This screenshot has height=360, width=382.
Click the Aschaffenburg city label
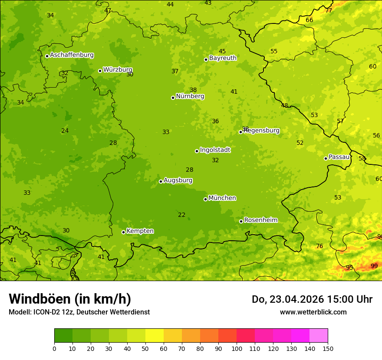point(72,55)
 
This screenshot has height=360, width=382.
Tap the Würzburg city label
point(117,70)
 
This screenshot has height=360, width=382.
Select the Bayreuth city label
point(223,58)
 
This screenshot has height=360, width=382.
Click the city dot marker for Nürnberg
point(173,98)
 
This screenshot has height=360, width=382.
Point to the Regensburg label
point(261,131)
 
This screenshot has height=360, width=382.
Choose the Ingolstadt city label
point(215,150)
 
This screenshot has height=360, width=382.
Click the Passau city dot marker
point(326,158)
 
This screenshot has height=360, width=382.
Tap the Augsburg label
point(178,180)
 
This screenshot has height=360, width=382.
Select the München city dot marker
point(205,199)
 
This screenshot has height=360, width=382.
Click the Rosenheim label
point(260,220)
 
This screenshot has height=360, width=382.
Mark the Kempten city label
point(140,231)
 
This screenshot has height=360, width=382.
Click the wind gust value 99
point(374,266)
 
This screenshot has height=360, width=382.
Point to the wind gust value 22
point(181,215)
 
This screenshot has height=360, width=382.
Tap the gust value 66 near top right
point(309,20)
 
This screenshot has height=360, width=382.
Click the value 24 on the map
point(65,131)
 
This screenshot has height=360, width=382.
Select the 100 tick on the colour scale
point(237,348)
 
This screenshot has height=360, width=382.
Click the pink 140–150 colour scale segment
point(319,336)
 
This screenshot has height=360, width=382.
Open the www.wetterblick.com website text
point(313,312)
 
